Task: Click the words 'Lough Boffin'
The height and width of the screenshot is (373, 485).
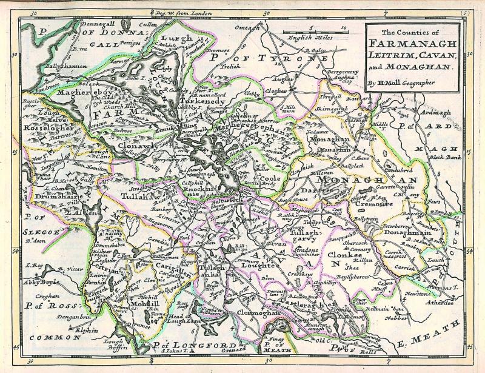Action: point(116,344)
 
